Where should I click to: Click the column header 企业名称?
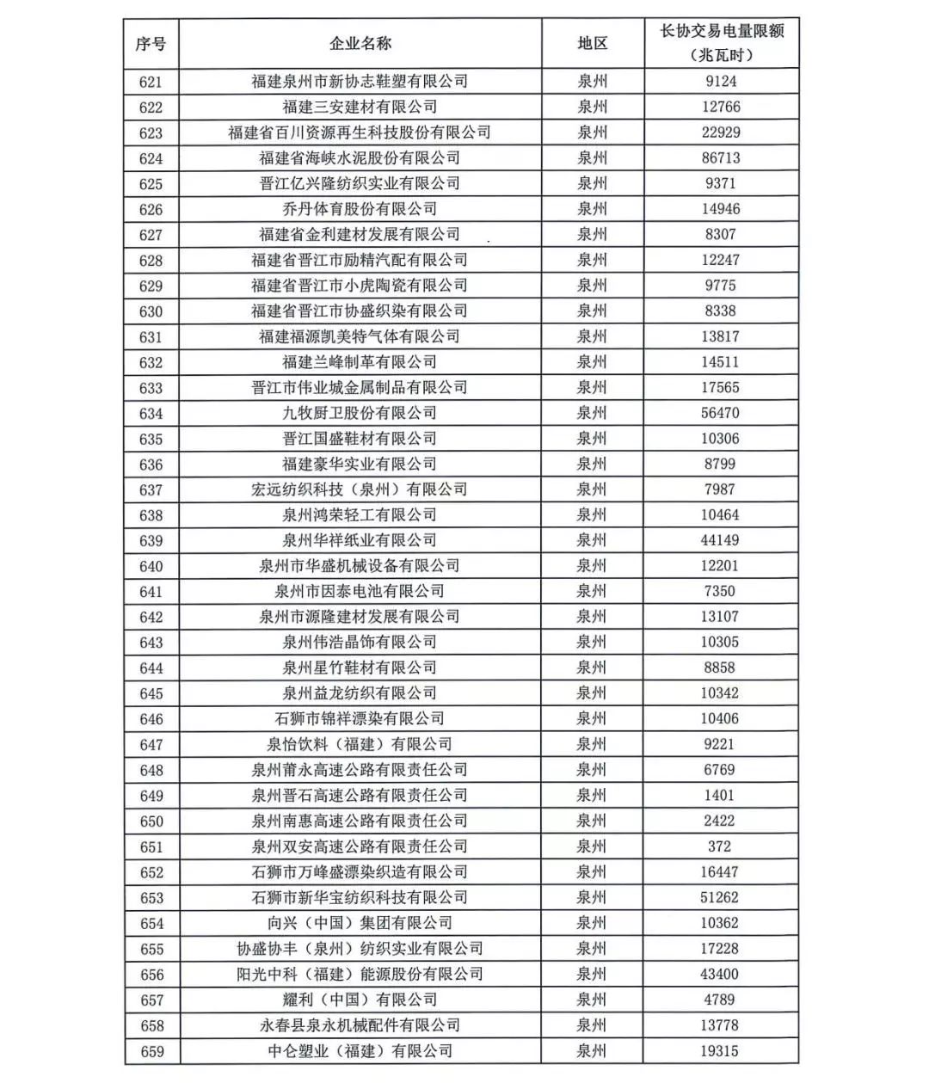[x=360, y=44]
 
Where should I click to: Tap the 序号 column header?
[x=151, y=44]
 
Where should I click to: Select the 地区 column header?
[x=592, y=44]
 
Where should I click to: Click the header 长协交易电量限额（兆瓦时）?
[x=721, y=43]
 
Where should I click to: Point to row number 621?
[x=151, y=82]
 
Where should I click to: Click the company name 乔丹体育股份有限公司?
[x=360, y=209]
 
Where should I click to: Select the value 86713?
[x=720, y=158]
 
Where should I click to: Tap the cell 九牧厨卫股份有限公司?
[x=360, y=413]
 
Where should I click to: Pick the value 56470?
[x=720, y=413]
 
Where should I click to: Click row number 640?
[x=151, y=566]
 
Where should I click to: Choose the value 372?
[x=720, y=846]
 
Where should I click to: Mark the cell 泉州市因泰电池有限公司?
[x=360, y=592]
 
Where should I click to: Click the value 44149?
[x=720, y=540]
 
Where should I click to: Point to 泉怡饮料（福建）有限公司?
[x=360, y=744]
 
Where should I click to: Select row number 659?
[x=151, y=1051]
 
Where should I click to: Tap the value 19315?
[x=720, y=1051]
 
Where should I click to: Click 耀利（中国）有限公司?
[x=360, y=1000]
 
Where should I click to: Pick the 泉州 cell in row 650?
[x=592, y=821]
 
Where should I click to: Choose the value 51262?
[x=720, y=897]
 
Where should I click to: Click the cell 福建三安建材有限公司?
[x=360, y=108]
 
